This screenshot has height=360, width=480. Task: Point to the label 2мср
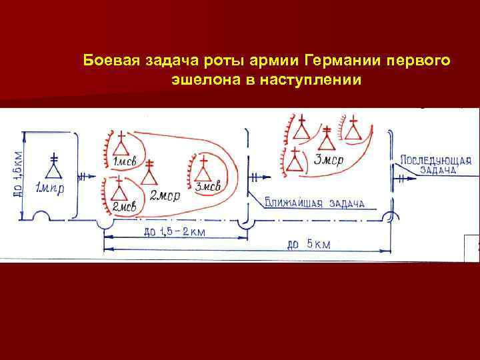click(x=163, y=196)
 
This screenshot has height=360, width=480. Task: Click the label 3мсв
click(x=207, y=187)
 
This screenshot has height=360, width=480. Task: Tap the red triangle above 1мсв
click(x=121, y=145)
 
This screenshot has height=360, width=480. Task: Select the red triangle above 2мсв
click(x=120, y=190)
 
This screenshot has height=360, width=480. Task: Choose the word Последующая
click(x=436, y=161)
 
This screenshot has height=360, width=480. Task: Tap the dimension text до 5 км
click(x=308, y=243)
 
